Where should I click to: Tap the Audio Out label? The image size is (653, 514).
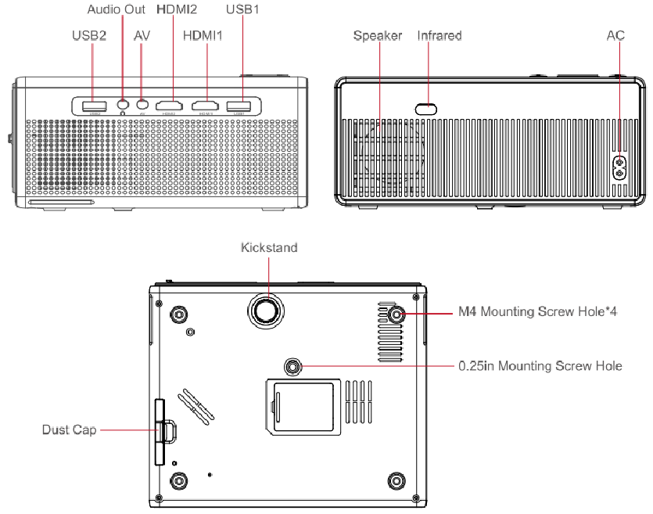(x=116, y=10)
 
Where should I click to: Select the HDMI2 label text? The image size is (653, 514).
(x=177, y=10)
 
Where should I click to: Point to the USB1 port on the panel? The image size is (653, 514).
(x=239, y=105)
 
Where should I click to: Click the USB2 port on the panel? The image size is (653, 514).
(x=91, y=105)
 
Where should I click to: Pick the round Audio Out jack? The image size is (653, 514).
(x=123, y=104)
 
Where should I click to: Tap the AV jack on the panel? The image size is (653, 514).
(x=142, y=104)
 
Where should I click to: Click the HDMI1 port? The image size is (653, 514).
(x=206, y=105)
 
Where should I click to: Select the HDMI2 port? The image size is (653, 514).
(x=169, y=105)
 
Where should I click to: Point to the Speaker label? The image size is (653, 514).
(x=378, y=36)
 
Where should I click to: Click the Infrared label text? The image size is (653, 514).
(x=440, y=36)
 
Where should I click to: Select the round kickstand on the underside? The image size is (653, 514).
(x=268, y=309)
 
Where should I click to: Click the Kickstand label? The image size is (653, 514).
(x=269, y=248)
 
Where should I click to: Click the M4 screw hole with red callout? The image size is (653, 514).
(x=396, y=314)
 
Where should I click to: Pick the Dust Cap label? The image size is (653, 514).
(x=70, y=430)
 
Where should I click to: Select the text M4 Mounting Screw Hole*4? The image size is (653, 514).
(x=540, y=312)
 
